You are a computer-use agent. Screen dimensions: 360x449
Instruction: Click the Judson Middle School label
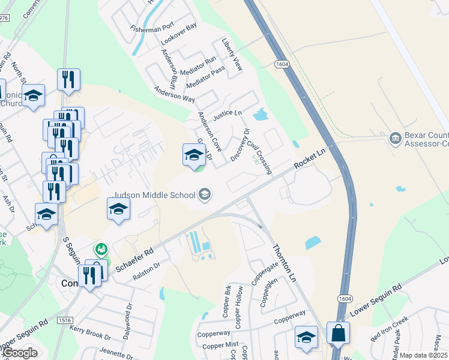154,195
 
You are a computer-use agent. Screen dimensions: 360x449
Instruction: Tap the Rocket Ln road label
309,159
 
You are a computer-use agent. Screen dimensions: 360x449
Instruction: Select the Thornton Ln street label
285,263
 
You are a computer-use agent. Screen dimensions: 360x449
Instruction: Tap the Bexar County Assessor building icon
396,139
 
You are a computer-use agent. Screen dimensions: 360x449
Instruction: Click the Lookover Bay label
179,35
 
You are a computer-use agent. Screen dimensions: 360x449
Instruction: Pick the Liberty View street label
232,56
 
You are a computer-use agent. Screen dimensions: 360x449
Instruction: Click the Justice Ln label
228,113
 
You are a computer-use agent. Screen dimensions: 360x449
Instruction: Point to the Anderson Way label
175,93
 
